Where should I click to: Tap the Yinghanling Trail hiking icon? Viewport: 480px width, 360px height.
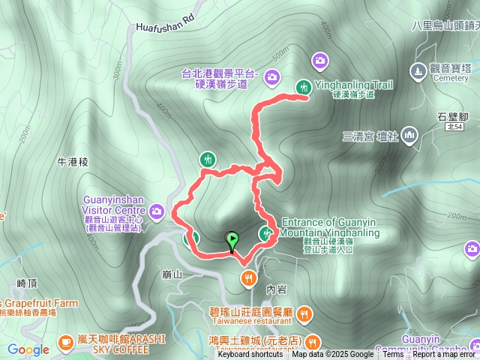(304, 87)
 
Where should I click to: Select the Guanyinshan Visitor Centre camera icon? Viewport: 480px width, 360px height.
(157, 212)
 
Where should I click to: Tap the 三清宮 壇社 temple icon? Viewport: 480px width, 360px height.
(409, 136)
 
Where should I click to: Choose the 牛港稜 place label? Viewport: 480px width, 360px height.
(73, 161)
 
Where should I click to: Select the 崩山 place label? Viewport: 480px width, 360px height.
(172, 274)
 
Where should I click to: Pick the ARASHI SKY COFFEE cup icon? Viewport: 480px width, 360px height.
(66, 341)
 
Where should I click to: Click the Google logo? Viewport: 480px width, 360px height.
(28, 349)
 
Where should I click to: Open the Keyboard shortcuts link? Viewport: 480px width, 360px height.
(250, 355)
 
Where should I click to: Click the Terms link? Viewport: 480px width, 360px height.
(393, 355)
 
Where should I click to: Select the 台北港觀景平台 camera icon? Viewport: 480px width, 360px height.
(271, 76)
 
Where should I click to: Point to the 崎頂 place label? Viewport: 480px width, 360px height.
(26, 283)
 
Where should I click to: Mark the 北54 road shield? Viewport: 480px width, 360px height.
(453, 129)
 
